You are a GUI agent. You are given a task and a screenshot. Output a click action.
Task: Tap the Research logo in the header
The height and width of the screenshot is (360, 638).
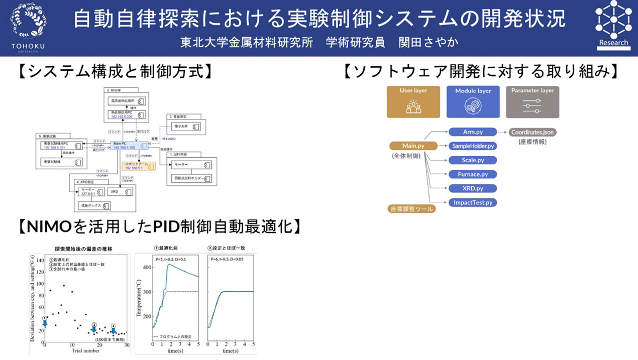[x=613, y=24]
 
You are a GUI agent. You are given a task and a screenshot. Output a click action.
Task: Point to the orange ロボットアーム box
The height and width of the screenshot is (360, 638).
[x=139, y=166]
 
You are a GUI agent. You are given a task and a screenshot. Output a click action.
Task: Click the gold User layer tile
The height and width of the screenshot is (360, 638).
[x=413, y=102]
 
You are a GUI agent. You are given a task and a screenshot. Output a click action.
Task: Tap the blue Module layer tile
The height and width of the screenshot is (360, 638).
[x=473, y=102]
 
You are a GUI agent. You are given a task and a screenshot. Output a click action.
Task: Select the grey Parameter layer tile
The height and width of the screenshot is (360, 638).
[x=533, y=102]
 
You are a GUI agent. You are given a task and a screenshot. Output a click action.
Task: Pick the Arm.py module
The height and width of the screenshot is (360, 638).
[x=472, y=132]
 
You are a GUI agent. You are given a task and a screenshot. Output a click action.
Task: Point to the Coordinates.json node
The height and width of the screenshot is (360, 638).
[x=533, y=132]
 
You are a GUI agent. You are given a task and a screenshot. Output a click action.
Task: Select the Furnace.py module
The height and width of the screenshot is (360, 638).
[x=472, y=174]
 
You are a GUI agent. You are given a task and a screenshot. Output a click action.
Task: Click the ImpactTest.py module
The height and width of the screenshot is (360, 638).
[x=472, y=202]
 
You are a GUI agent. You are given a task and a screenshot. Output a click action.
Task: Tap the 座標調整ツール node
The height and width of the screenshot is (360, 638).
[x=411, y=209]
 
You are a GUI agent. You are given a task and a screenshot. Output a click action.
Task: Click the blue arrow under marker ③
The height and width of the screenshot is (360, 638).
[x=113, y=330]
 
